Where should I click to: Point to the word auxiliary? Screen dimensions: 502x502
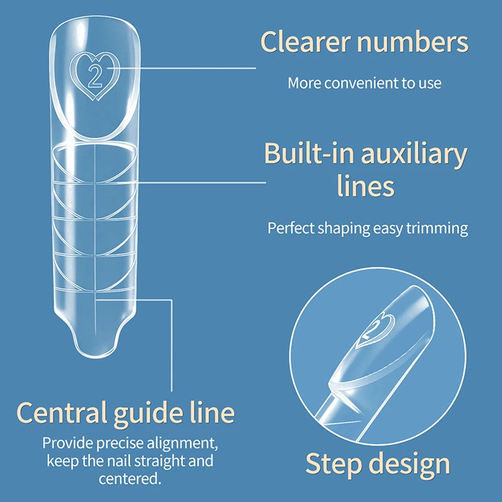pos(410,154)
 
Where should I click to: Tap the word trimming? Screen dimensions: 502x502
pos(437,228)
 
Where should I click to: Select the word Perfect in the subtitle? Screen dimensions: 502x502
pos(290,228)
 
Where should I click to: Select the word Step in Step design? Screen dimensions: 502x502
pos(334,464)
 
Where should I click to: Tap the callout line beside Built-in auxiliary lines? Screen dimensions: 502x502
pos(201,183)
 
